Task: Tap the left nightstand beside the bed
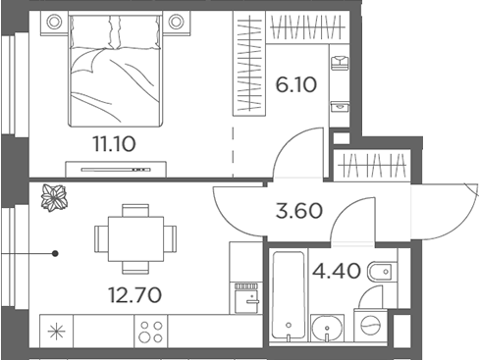(x=54, y=22)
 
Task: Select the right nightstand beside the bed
(x=177, y=22)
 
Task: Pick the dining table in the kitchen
(x=135, y=237)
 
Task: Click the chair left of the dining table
(x=101, y=237)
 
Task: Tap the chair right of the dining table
(x=170, y=237)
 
